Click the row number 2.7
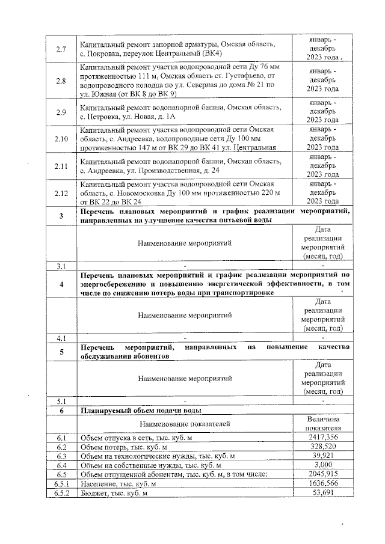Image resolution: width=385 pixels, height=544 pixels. coord(60,48)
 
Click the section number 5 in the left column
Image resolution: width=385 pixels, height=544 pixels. coord(60,352)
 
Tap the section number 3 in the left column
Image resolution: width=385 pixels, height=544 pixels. coord(60,216)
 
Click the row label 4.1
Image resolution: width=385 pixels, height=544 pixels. coord(60,338)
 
